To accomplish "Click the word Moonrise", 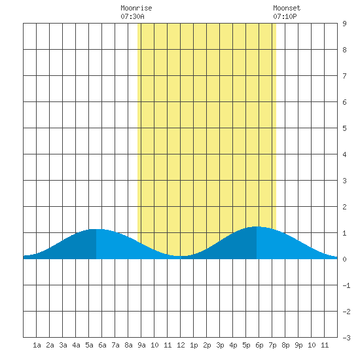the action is pos(136,8).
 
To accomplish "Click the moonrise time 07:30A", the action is pos(132,16).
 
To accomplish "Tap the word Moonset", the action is pos(287,8).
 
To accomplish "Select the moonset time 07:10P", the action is pos(285,16).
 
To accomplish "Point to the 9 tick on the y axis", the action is pos(344,24).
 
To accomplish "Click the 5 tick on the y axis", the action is pos(344,128).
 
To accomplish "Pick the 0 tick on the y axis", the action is pos(344,259).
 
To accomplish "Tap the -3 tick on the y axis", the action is pos(346,338).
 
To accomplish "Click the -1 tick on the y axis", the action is pos(346,285).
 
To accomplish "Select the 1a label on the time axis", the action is pos(37,345).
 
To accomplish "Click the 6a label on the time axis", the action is pos(102,345).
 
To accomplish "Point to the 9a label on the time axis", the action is pos(141,345).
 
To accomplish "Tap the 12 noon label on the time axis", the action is pos(181,345).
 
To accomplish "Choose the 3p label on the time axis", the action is pos(220,345).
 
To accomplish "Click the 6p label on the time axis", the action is pos(259,345).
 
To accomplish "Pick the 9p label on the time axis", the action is pos(298,345).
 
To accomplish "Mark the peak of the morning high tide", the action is pos(96,229).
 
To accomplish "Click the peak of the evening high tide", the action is pos(256,226).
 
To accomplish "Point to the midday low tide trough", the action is pos(181,256).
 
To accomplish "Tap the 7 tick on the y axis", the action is pos(344,76).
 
